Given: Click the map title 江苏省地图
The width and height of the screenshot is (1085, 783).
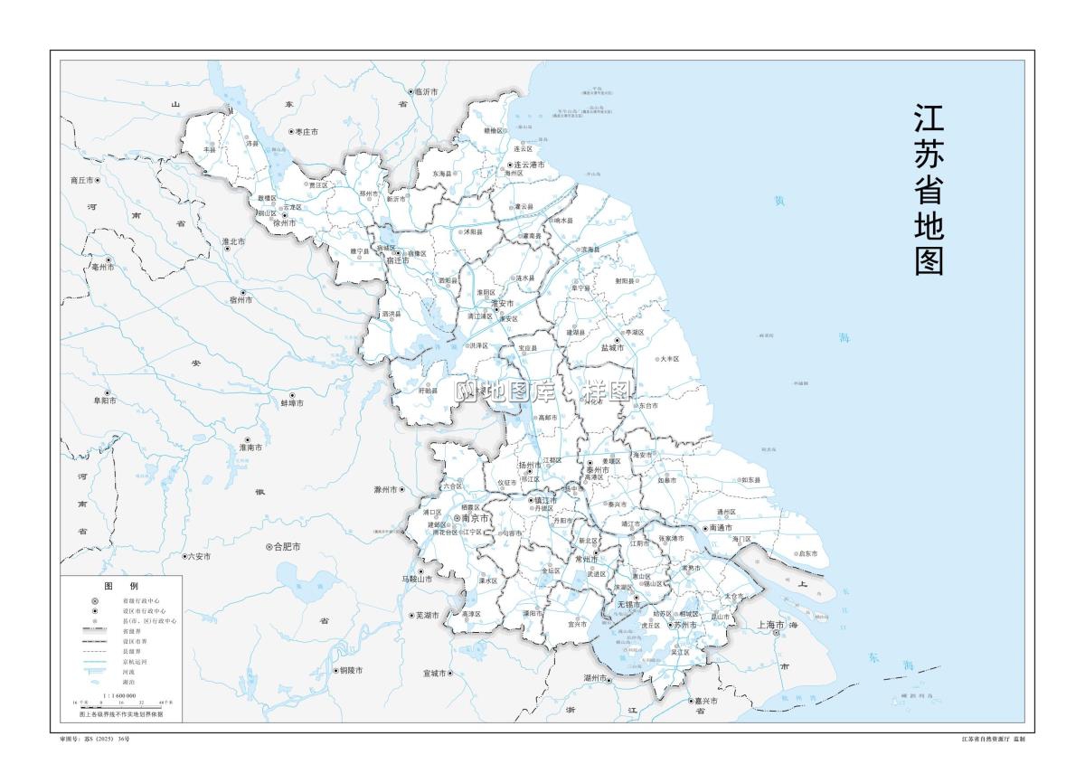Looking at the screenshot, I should pyautogui.click(x=929, y=191).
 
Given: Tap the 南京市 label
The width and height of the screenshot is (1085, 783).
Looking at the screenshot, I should pyautogui.click(x=475, y=518).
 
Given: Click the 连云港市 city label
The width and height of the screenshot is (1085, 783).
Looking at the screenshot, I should pyautogui.click(x=529, y=165).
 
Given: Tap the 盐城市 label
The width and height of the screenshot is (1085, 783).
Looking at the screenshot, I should pyautogui.click(x=613, y=347).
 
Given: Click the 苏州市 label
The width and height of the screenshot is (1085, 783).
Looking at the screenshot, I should pyautogui.click(x=684, y=625).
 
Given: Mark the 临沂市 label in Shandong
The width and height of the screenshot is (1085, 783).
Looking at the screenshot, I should pyautogui.click(x=426, y=92).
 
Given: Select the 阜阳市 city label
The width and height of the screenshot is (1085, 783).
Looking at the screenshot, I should pyautogui.click(x=104, y=400).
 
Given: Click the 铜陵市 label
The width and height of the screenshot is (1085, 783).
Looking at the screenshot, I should pyautogui.click(x=350, y=670).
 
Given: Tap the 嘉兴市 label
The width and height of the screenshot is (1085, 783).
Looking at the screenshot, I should pyautogui.click(x=705, y=701).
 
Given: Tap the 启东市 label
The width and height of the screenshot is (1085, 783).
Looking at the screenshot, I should pyautogui.click(x=807, y=553).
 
